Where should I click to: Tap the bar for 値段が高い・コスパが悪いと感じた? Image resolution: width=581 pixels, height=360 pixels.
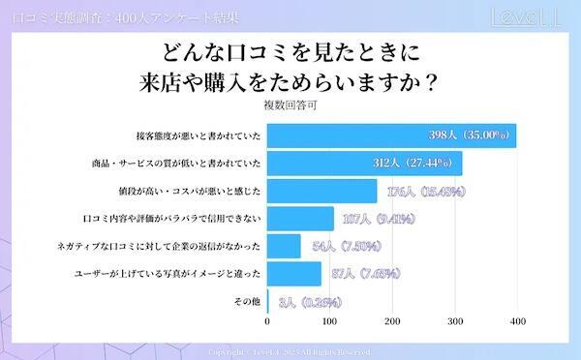click(321, 191)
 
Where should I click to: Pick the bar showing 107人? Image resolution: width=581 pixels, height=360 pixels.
click(299, 219)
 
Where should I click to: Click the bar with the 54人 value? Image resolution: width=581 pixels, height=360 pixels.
click(283, 246)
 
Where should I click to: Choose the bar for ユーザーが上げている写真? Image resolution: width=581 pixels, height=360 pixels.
click(293, 274)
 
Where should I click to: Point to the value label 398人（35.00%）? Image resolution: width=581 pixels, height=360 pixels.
click(469, 135)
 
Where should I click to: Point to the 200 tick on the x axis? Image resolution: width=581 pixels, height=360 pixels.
click(391, 320)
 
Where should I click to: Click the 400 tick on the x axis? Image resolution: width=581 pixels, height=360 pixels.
click(517, 320)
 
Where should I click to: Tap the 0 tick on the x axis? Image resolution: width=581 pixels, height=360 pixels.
click(266, 320)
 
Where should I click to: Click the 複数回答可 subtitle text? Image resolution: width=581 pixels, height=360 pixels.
click(290, 103)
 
